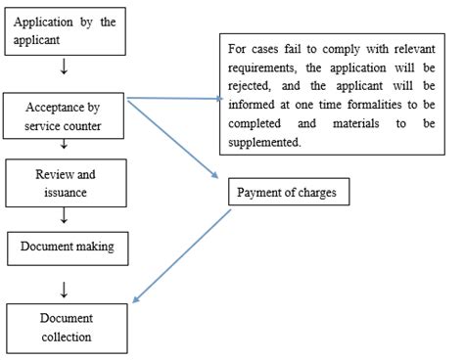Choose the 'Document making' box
[67, 247]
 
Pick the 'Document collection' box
[67, 328]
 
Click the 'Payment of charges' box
[285, 192]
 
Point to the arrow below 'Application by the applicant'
[65, 68]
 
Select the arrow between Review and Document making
[65, 214]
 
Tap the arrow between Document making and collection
[65, 288]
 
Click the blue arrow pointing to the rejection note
[176, 98]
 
